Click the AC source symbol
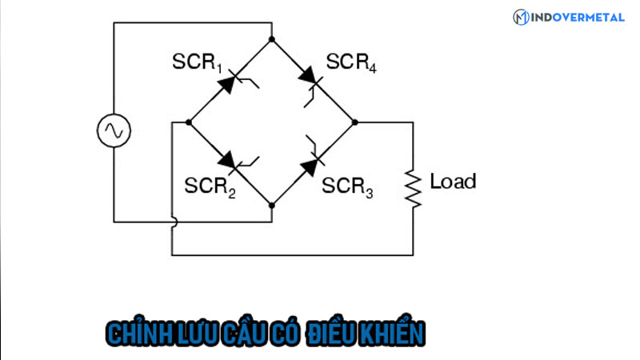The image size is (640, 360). point(114,130)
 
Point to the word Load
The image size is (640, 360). point(453,181)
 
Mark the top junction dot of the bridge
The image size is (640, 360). point(272,38)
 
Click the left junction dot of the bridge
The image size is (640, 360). point(189,122)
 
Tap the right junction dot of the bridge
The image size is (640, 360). point(355,122)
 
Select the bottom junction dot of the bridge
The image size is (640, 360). point(272,206)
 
